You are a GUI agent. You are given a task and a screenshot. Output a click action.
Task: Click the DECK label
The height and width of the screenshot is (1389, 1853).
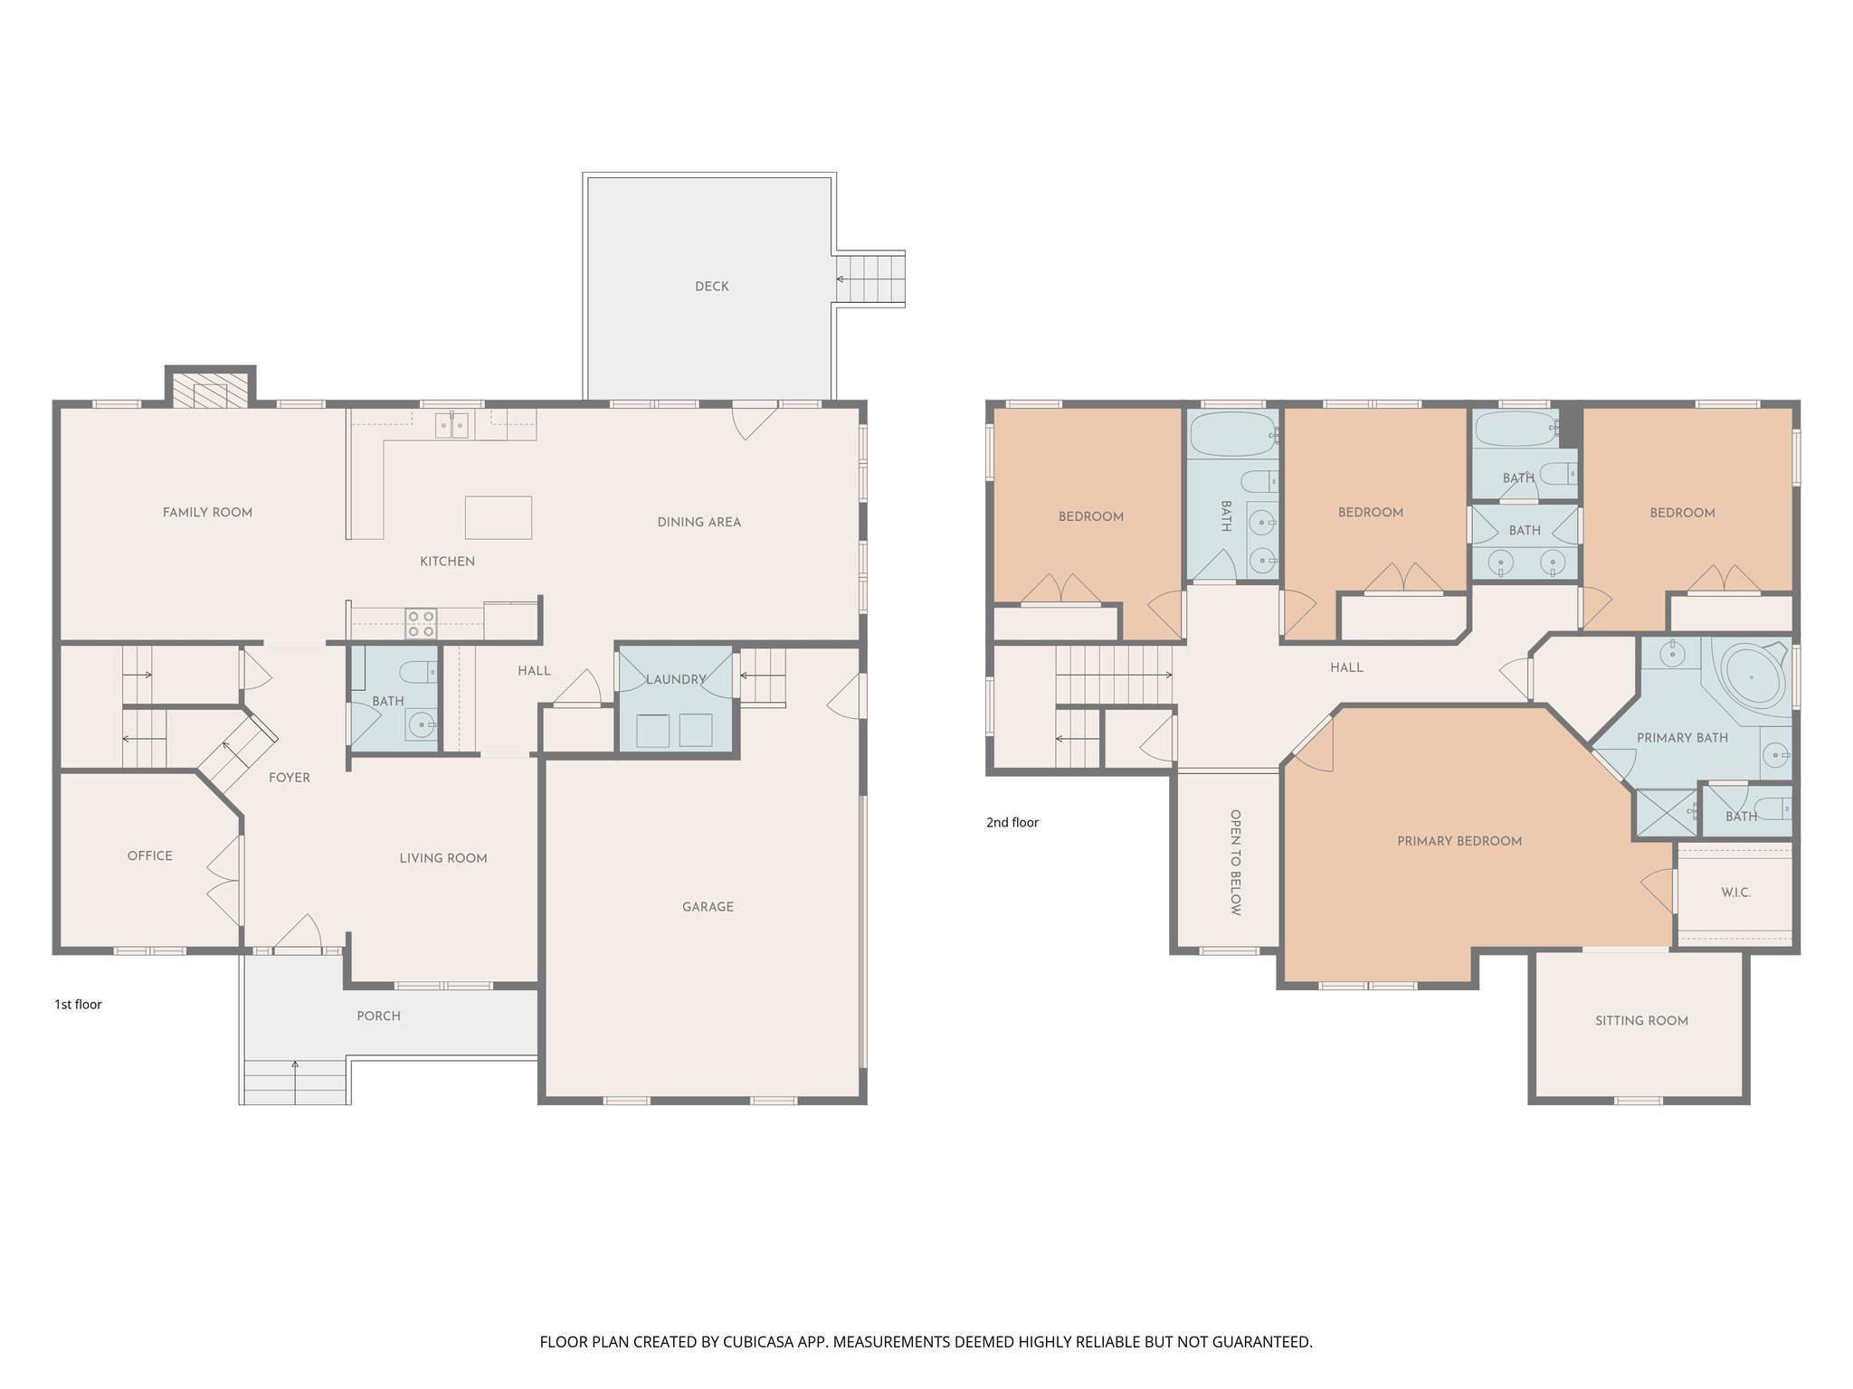[711, 287]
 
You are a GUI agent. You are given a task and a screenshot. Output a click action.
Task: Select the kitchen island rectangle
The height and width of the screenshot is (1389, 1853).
[498, 517]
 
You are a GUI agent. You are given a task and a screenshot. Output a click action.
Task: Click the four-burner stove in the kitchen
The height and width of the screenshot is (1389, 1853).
[421, 624]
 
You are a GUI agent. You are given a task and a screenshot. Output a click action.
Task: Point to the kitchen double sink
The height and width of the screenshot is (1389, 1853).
[451, 425]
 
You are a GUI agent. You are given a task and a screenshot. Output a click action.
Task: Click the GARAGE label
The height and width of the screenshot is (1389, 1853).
[708, 907]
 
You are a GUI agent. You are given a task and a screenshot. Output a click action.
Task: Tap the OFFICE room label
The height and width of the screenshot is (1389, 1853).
[149, 855]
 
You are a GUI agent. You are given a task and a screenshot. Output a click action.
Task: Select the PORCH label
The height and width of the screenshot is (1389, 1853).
[378, 1016]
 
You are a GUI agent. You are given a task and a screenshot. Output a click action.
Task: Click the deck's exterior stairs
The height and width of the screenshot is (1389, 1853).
[869, 279]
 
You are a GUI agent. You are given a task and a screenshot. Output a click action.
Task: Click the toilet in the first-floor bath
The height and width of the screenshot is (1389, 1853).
[419, 672]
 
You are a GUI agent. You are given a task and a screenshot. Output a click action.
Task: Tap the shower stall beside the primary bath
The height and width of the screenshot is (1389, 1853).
[1666, 813]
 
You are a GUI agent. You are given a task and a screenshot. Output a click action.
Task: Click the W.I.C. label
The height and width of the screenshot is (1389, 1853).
[1735, 893]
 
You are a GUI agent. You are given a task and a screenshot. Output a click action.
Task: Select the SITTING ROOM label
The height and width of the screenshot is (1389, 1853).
[1641, 1021]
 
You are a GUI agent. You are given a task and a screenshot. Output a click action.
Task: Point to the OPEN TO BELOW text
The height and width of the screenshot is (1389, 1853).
[1235, 863]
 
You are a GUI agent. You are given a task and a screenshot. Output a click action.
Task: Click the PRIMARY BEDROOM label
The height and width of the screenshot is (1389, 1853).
[1459, 841]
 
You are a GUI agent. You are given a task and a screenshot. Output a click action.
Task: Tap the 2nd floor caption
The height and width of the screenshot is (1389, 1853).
[1012, 823]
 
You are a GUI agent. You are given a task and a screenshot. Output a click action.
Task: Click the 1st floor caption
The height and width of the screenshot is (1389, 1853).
[78, 1005]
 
